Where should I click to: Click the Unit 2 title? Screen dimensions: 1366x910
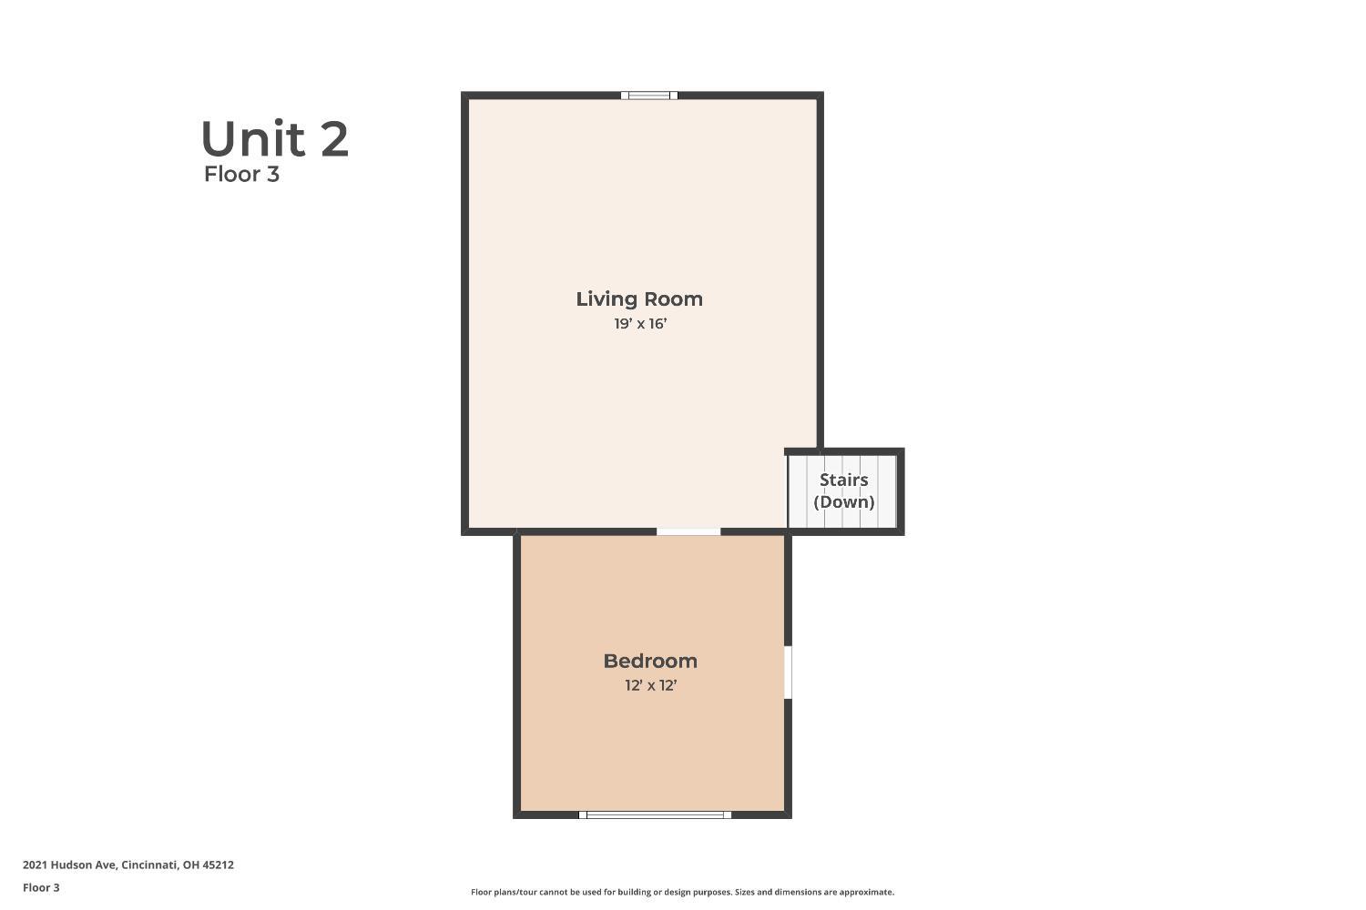tap(274, 139)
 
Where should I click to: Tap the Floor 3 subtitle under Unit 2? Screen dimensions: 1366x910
tap(241, 175)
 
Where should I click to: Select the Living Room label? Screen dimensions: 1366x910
tap(639, 299)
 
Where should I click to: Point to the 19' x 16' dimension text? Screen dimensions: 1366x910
tap(640, 324)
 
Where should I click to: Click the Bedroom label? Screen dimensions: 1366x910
tap(650, 662)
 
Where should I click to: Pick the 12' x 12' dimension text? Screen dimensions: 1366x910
tap(651, 686)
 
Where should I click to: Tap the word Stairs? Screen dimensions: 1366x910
tap(843, 480)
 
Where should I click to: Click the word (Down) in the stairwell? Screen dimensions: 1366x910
tap(844, 502)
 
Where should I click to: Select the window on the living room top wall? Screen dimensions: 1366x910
tap(648, 95)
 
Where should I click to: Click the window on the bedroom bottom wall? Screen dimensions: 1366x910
tap(655, 814)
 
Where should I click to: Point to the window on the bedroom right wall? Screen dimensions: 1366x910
tap(788, 672)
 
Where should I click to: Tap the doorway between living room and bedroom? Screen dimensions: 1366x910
tap(688, 531)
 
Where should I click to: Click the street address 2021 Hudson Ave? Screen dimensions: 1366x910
tap(69, 864)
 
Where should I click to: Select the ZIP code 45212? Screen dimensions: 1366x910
tap(218, 864)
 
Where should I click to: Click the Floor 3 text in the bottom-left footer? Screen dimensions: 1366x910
tap(42, 887)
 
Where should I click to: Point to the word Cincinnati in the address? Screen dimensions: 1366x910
tap(149, 864)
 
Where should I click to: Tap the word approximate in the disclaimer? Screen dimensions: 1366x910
tap(867, 893)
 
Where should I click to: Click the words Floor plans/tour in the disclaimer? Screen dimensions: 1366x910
tap(504, 893)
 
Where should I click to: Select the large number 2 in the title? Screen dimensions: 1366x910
tap(334, 139)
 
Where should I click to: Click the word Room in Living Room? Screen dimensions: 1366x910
tap(674, 299)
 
